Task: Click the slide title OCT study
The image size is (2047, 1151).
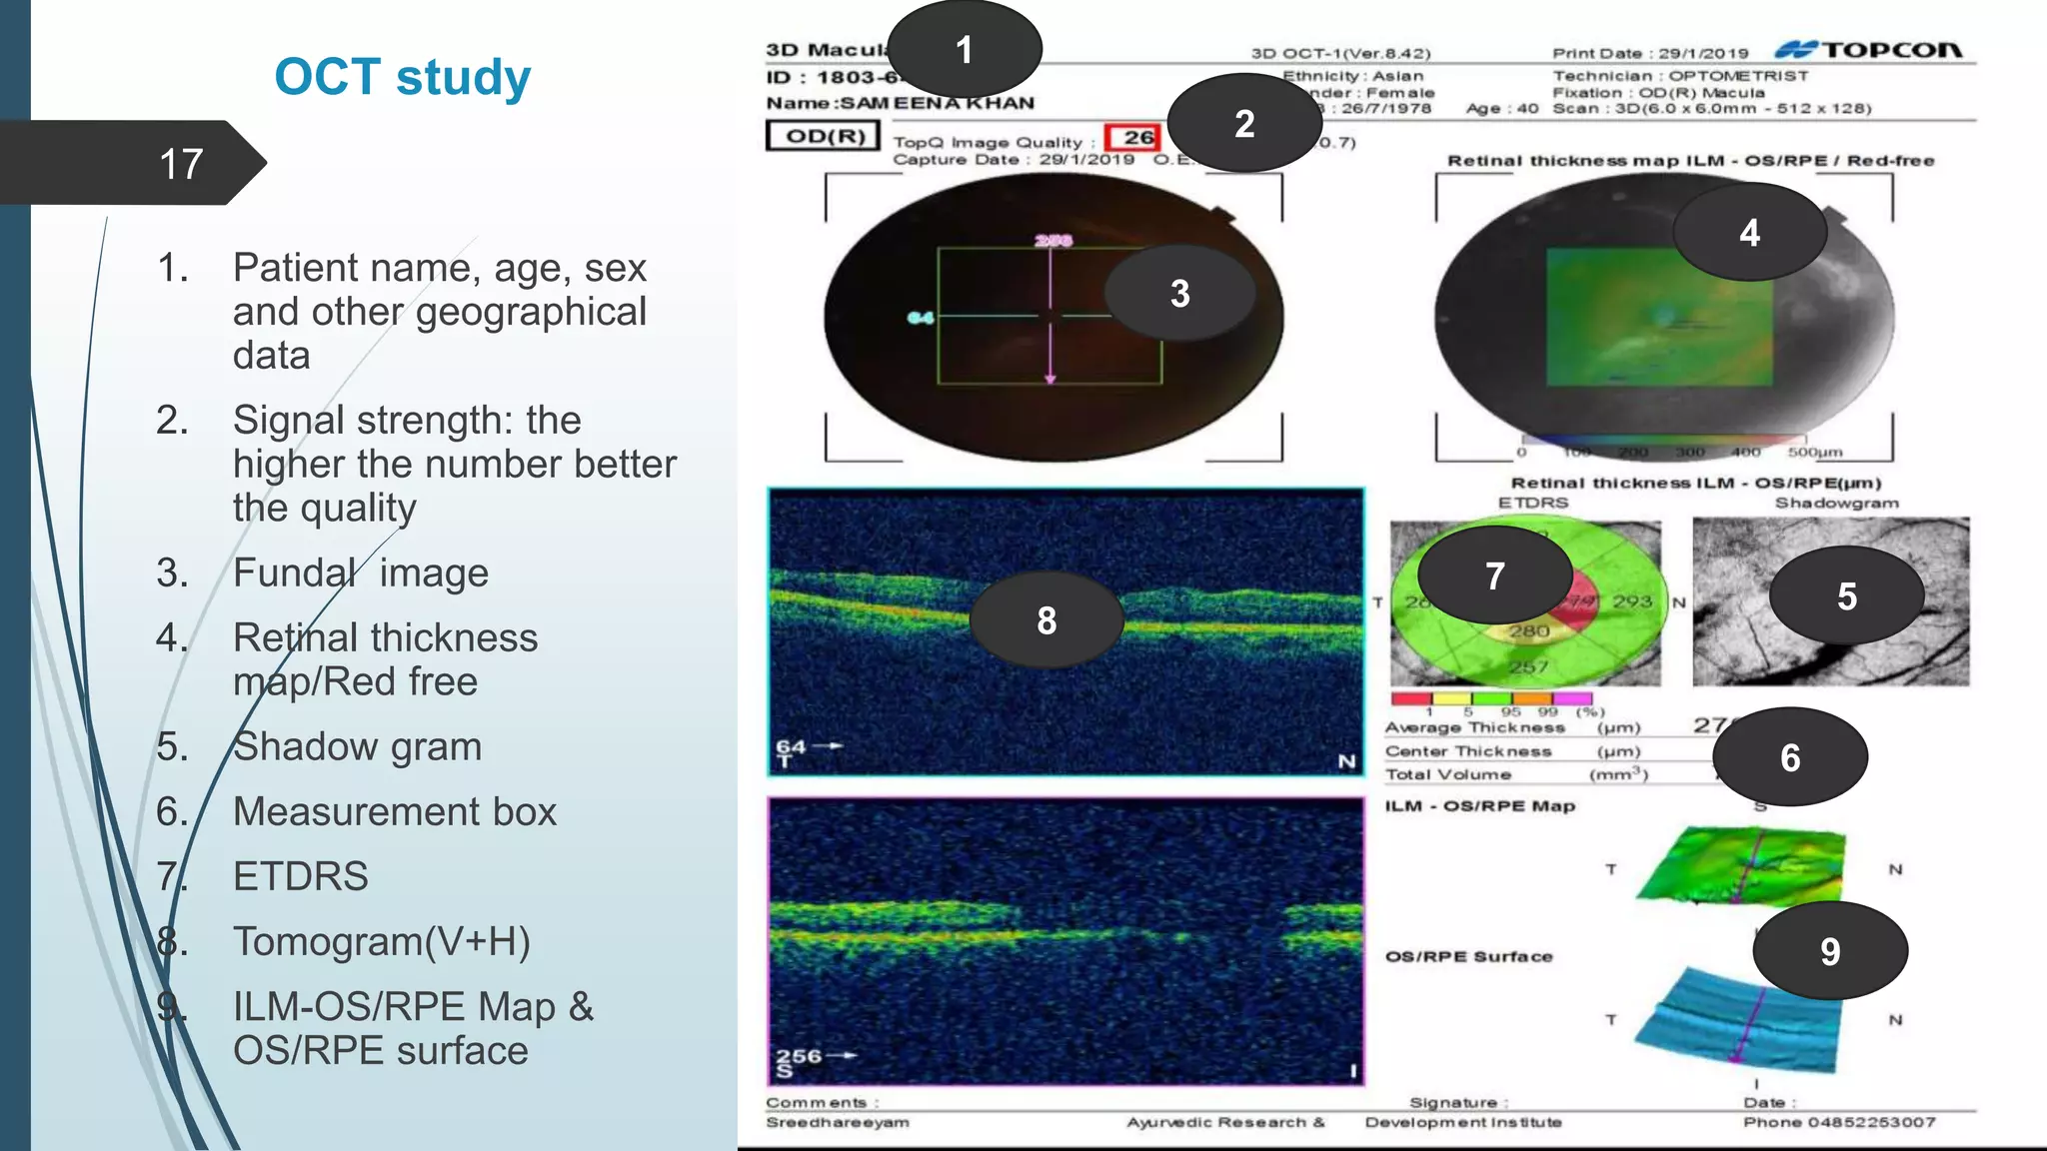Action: [402, 77]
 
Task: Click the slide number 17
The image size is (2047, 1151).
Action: [181, 164]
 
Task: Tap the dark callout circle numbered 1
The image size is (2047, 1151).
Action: [964, 50]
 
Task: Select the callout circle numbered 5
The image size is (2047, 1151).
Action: [1846, 596]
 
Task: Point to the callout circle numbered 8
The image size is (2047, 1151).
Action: [1046, 620]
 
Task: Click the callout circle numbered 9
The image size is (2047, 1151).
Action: [1829, 951]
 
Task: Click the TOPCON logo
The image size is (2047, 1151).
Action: [1869, 50]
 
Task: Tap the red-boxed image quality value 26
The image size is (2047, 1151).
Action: [1136, 138]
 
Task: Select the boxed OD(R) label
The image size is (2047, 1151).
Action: [824, 136]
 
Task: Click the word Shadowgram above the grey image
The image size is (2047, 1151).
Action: [1836, 503]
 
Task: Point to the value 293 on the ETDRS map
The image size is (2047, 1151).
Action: [1631, 600]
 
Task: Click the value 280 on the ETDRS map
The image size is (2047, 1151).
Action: [1528, 631]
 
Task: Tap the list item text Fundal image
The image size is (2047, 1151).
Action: [360, 573]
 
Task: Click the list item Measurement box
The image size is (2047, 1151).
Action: [394, 811]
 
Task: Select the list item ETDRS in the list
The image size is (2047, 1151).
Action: [300, 876]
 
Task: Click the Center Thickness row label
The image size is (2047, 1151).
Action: [1467, 751]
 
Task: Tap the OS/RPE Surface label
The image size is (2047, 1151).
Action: [1468, 956]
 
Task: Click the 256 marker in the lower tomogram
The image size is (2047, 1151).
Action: [799, 1055]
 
